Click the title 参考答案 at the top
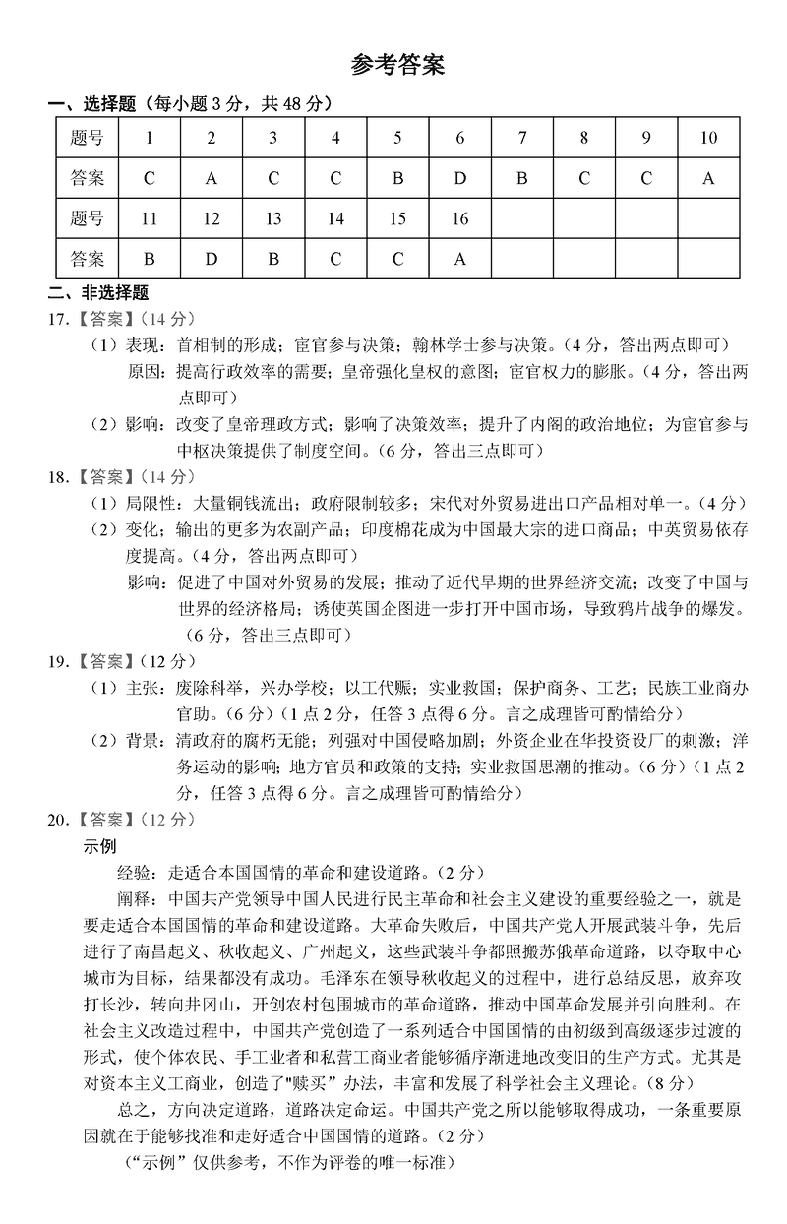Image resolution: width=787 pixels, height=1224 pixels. (x=396, y=66)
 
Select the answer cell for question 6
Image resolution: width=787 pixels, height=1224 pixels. (x=459, y=179)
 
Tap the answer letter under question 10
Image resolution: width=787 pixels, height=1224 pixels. (x=707, y=179)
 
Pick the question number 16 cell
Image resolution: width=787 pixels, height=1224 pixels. (x=459, y=219)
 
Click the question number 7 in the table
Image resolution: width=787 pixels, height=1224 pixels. (x=521, y=138)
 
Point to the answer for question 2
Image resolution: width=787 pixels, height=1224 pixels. (x=211, y=179)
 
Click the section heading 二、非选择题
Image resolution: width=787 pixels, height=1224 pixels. (x=98, y=291)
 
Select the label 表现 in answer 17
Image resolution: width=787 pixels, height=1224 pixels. (x=143, y=345)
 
